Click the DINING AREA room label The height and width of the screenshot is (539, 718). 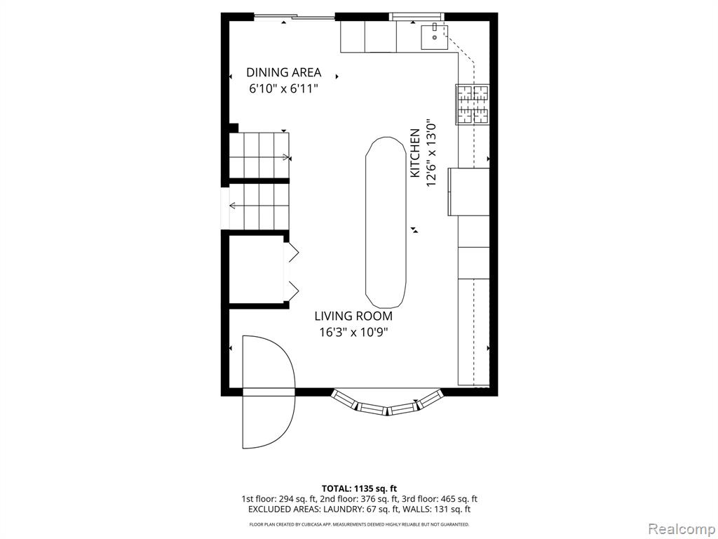pyautogui.click(x=283, y=72)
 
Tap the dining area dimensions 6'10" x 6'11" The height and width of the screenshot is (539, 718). pyautogui.click(x=283, y=88)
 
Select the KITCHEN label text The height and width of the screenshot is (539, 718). pyautogui.click(x=415, y=153)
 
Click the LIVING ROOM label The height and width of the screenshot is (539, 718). pyautogui.click(x=353, y=316)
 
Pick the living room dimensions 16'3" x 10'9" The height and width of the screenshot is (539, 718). pyautogui.click(x=353, y=332)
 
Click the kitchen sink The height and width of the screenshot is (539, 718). pyautogui.click(x=434, y=37)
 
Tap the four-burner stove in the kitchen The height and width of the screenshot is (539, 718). pyautogui.click(x=472, y=105)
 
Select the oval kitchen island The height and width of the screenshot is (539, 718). pyautogui.click(x=386, y=222)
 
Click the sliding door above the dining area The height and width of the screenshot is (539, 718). pyautogui.click(x=294, y=18)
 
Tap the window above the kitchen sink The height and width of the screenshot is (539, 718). pyautogui.click(x=416, y=17)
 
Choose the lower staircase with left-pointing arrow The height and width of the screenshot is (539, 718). pyautogui.click(x=259, y=207)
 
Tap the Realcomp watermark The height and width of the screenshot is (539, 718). pyautogui.click(x=680, y=528)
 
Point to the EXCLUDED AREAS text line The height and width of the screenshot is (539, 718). pyautogui.click(x=359, y=510)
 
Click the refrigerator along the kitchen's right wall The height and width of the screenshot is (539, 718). pyautogui.click(x=468, y=192)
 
